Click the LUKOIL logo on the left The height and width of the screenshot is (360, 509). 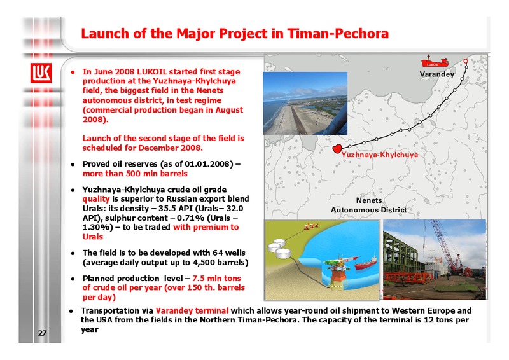coord(41,73)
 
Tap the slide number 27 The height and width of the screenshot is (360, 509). coord(42,333)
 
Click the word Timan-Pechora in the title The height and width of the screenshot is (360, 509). coord(338,34)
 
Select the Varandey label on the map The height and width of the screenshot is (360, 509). coord(436,74)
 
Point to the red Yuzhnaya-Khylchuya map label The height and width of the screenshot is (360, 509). coord(379,155)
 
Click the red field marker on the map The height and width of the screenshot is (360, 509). coord(337,149)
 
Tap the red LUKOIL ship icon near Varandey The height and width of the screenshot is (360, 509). coord(435,62)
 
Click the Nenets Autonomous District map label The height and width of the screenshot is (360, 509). coord(369,205)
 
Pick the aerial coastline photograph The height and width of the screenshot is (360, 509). coord(305,103)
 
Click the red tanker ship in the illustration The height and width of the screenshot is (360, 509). coord(366,263)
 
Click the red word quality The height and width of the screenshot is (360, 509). coord(96,199)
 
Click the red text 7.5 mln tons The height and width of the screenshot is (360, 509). coord(216,279)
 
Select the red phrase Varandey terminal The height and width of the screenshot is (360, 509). coord(192,310)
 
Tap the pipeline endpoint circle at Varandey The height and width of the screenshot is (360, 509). coord(466,61)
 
